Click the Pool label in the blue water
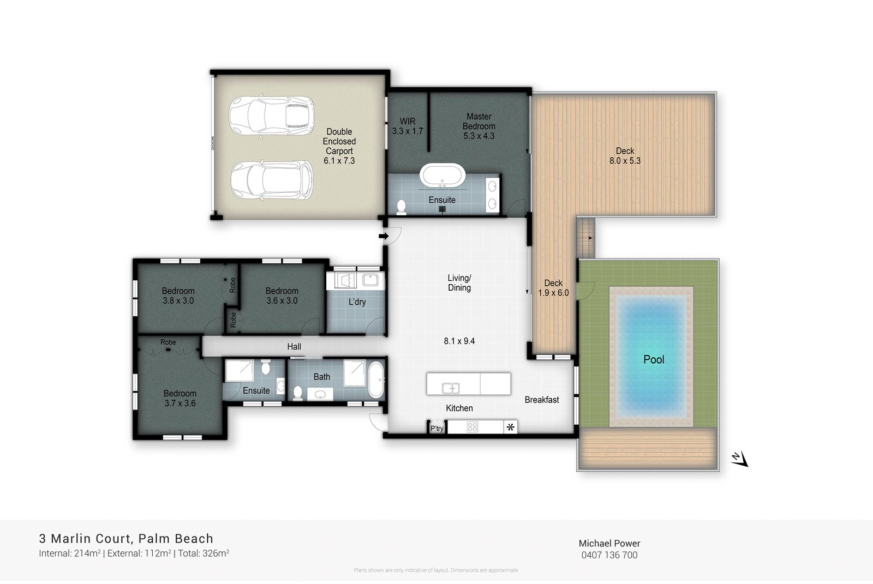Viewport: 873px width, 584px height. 653,359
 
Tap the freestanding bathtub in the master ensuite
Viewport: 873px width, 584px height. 443,176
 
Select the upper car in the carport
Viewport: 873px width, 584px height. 271,116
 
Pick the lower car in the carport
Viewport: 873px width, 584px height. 271,180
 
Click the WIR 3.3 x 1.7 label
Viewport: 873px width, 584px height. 407,127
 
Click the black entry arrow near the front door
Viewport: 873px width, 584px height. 383,236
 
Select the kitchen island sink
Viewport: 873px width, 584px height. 451,388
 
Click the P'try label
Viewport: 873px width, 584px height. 437,429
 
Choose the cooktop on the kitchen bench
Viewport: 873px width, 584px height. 473,427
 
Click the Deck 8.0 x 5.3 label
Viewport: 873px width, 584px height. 625,156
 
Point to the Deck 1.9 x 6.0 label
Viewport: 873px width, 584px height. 553,288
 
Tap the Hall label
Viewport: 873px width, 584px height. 294,346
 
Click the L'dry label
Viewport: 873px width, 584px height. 357,302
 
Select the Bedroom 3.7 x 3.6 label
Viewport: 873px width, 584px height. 180,398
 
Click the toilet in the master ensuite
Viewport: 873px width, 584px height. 402,206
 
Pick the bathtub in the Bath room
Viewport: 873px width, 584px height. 376,380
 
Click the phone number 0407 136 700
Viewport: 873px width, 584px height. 609,555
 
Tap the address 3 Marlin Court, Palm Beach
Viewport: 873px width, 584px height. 126,539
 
